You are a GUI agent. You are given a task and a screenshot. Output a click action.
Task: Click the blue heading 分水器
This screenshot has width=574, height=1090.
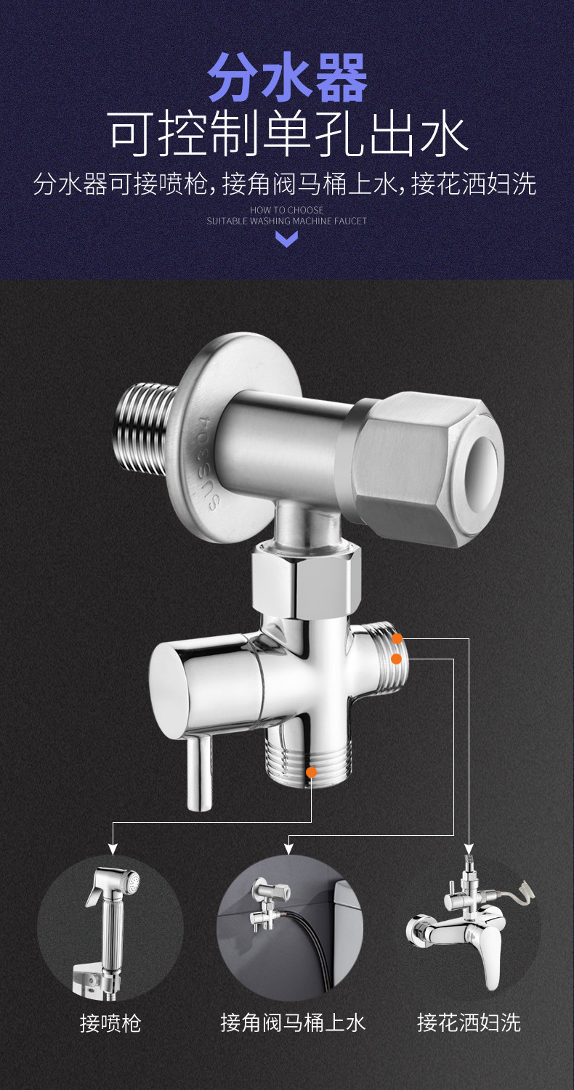(287, 78)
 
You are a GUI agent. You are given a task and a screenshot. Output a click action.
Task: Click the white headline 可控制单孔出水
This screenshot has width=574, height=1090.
(287, 133)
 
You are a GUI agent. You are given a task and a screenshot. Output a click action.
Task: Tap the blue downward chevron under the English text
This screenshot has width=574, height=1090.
(287, 239)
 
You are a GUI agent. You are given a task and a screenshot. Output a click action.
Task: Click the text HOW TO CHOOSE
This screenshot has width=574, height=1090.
(287, 210)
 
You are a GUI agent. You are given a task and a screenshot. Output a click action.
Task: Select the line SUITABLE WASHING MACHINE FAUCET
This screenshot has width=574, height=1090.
(287, 221)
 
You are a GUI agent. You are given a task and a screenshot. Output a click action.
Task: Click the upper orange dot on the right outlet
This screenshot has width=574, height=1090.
(397, 638)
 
